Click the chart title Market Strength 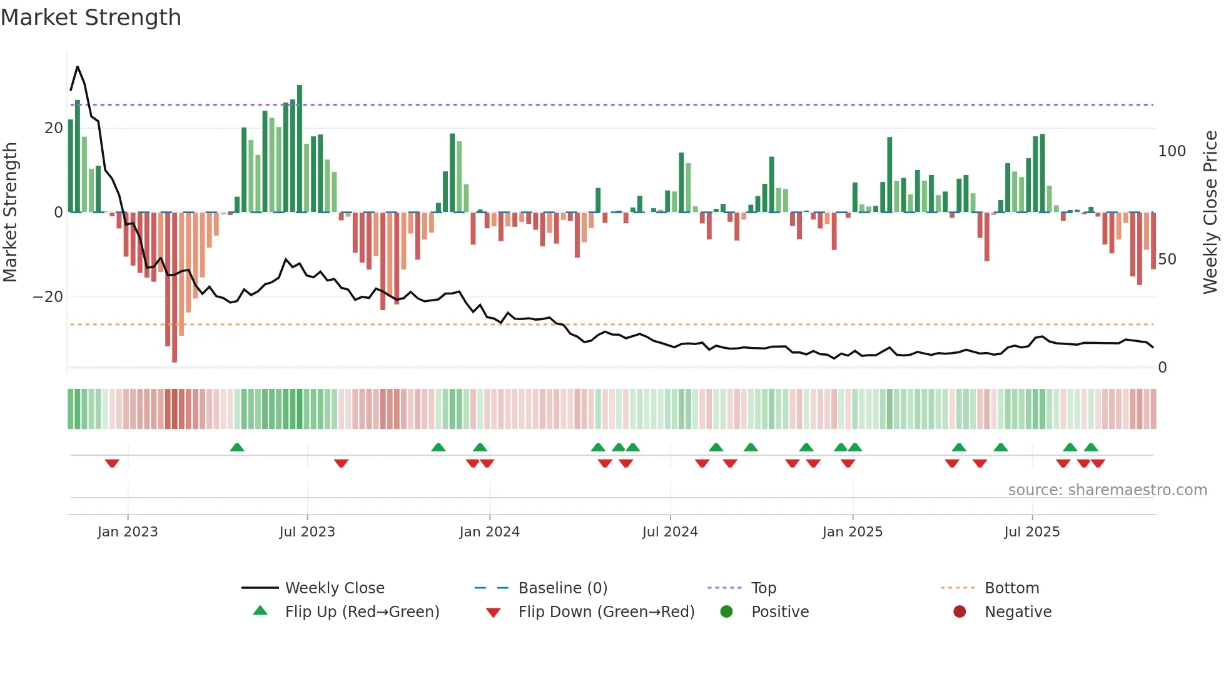click(x=91, y=18)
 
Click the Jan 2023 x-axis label click(x=128, y=532)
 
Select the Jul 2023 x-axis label click(x=307, y=532)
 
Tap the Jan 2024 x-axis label click(x=489, y=532)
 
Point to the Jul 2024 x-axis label click(x=670, y=532)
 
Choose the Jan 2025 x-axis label click(x=852, y=532)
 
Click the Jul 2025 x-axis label click(x=1031, y=532)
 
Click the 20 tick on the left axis click(x=54, y=128)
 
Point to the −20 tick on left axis click(x=48, y=297)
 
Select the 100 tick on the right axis click(x=1172, y=151)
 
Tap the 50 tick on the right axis click(x=1167, y=259)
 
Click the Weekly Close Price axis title click(x=1210, y=213)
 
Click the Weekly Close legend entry click(x=335, y=588)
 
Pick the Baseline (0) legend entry click(x=562, y=588)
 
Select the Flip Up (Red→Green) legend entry click(x=362, y=612)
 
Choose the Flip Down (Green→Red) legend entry click(x=606, y=612)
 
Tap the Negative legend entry click(x=1018, y=612)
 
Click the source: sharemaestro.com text click(x=1107, y=490)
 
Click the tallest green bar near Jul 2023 click(x=300, y=149)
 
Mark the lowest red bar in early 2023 click(x=175, y=288)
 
